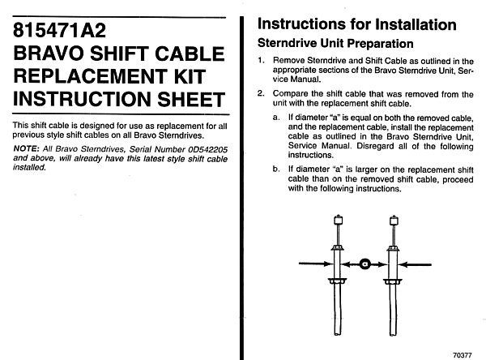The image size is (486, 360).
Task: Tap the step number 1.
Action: pyautogui.click(x=262, y=61)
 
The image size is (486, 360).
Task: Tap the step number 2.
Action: pyautogui.click(x=262, y=94)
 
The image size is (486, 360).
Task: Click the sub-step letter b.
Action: pyautogui.click(x=276, y=169)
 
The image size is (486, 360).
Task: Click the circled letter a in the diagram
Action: pyautogui.click(x=364, y=263)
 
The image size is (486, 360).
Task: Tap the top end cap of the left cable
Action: pyautogui.click(x=336, y=218)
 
